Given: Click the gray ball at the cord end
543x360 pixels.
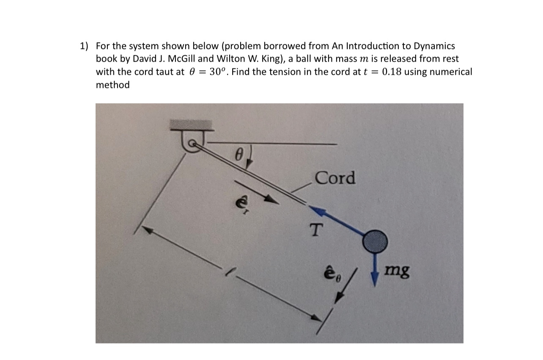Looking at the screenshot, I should pyautogui.click(x=375, y=241).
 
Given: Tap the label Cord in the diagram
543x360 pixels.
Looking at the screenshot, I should pyautogui.click(x=335, y=178).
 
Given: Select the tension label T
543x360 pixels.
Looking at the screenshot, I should pyautogui.click(x=315, y=231).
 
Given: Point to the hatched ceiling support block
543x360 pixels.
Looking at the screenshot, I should pyautogui.click(x=191, y=124).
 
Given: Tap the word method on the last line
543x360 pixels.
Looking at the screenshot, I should pyautogui.click(x=112, y=85).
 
